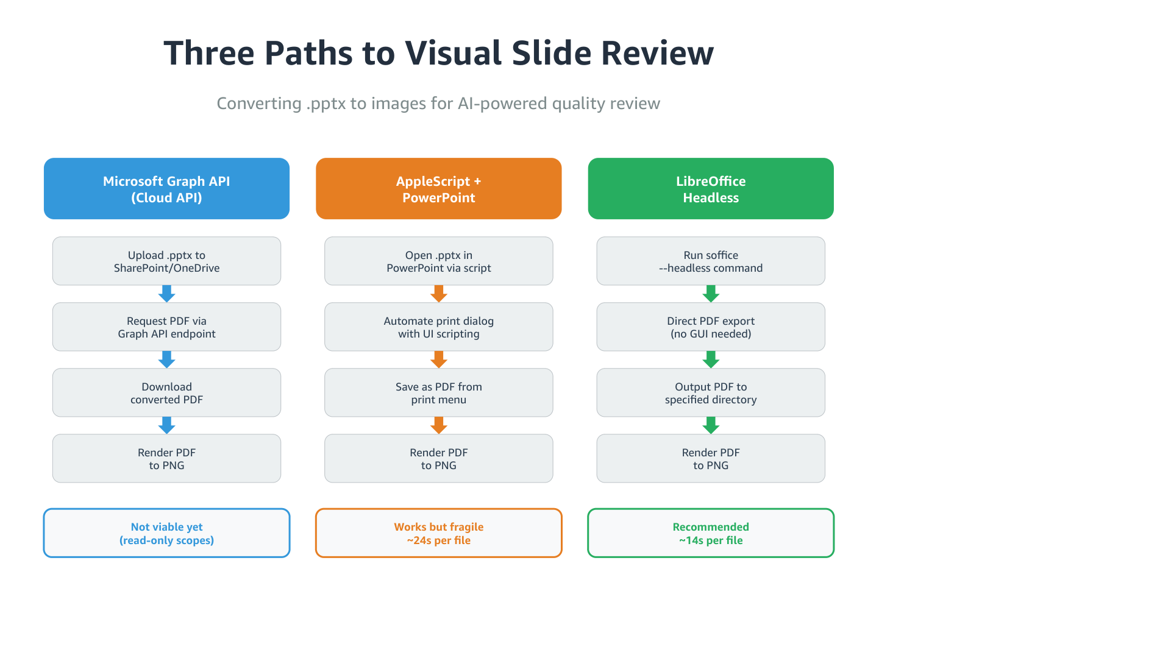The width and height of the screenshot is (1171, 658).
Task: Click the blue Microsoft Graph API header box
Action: [166, 189]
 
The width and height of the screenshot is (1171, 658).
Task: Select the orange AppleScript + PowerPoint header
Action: [438, 189]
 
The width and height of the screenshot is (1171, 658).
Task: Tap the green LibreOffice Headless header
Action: [710, 189]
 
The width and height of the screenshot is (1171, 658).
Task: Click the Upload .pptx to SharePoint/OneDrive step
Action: [166, 261]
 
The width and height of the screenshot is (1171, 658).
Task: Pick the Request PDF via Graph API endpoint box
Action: [166, 327]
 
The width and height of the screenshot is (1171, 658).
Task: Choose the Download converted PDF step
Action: [166, 393]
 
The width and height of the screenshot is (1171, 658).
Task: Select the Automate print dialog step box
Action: [438, 327]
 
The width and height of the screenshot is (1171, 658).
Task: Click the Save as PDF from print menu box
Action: [438, 393]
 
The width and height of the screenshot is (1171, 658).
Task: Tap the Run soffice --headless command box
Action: [710, 261]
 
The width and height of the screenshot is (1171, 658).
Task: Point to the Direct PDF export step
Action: [710, 327]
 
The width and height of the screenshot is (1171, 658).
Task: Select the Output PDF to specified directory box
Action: [710, 393]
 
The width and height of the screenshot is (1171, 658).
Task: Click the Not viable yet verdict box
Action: [166, 533]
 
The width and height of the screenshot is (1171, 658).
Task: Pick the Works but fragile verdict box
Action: [438, 533]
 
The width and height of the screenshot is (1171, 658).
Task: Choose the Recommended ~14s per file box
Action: [710, 533]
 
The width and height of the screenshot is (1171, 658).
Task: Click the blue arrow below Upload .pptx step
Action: [166, 294]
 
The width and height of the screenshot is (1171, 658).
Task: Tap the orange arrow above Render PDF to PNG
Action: [438, 425]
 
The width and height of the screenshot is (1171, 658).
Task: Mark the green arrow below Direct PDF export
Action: [710, 359]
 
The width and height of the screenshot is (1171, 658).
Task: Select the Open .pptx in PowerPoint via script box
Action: [438, 261]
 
